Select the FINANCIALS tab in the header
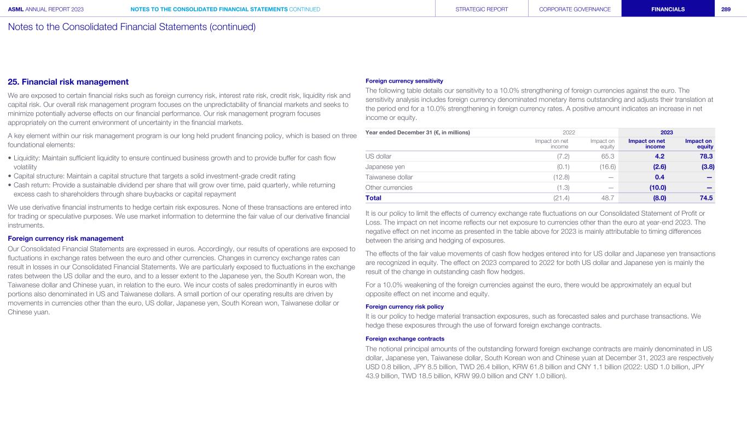point(668,9)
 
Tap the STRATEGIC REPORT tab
point(482,9)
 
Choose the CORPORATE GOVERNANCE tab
point(575,9)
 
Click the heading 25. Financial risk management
point(68,82)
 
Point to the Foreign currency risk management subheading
point(66,238)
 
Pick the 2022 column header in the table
point(569,132)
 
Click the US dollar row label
point(378,156)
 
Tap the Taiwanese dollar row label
point(389,177)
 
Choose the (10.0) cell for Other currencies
point(656,187)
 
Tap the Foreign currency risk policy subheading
point(404,307)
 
